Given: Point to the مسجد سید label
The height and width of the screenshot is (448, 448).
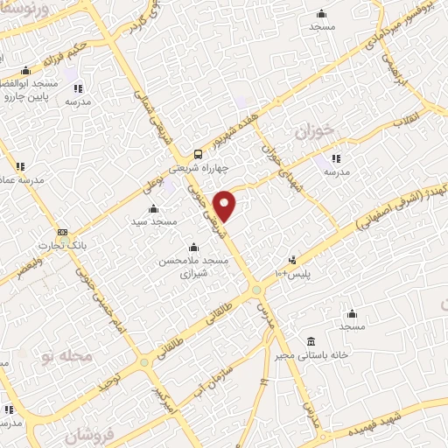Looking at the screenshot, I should click(154, 222).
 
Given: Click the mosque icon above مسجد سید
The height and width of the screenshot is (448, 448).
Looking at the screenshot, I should click(154, 209).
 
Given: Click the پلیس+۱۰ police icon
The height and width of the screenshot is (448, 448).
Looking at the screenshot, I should click(292, 260).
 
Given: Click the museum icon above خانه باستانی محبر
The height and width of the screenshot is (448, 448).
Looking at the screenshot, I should click(311, 341).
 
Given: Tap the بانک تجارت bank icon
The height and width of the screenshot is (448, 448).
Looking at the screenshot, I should click(62, 233).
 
